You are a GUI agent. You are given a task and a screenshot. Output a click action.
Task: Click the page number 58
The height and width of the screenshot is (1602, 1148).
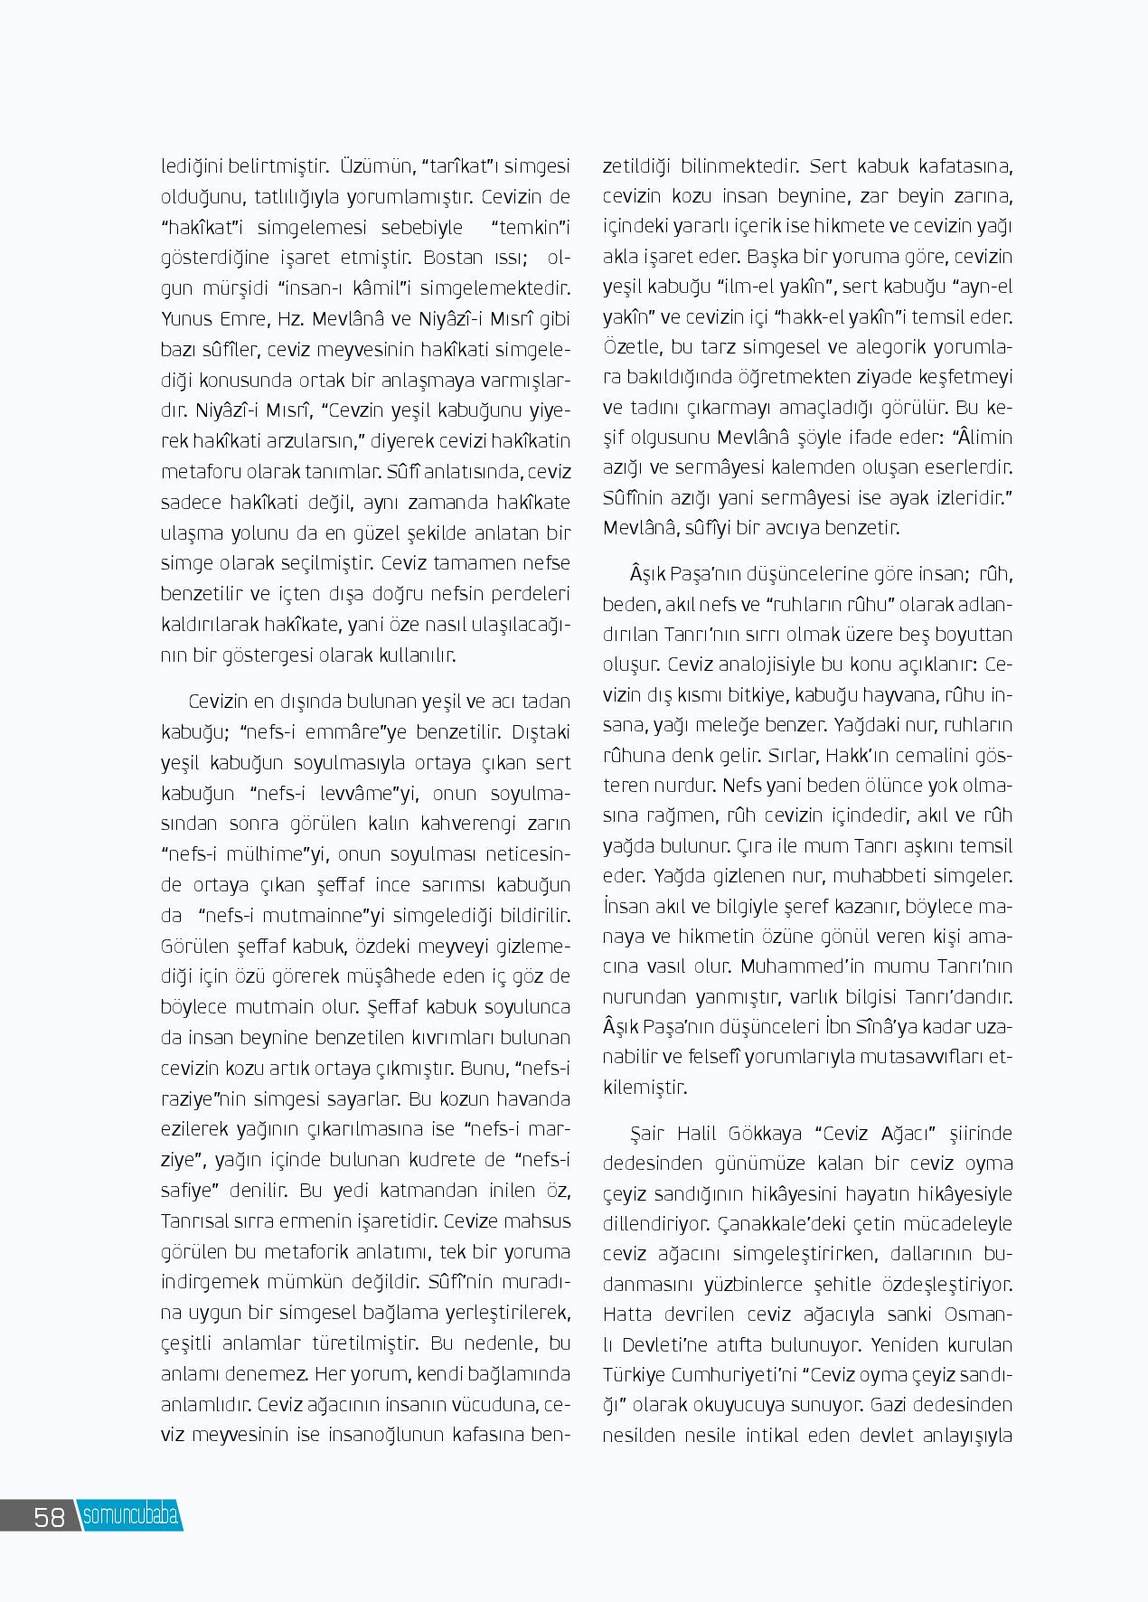pos(50,1515)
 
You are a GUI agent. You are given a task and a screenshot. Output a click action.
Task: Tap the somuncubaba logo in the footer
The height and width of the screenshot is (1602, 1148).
pos(130,1515)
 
